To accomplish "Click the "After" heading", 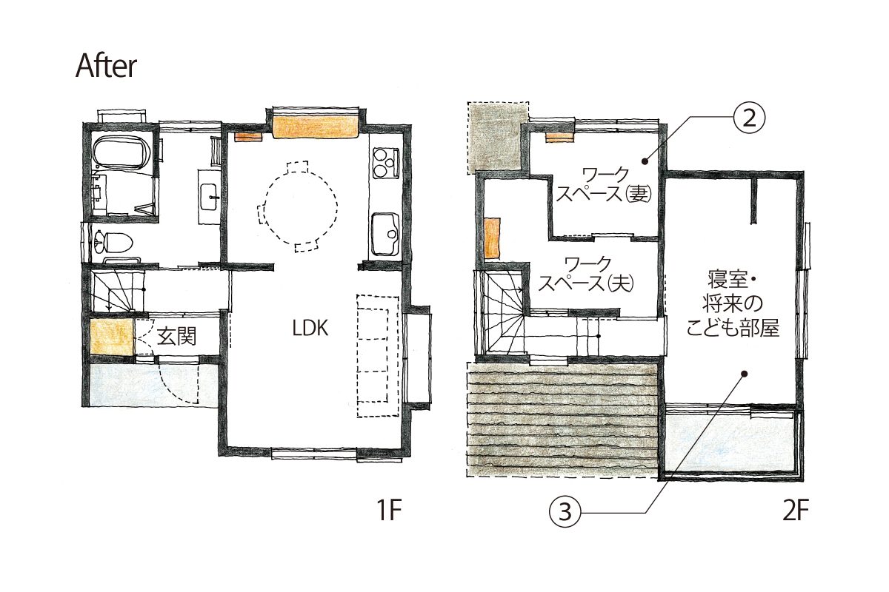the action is [x=106, y=66].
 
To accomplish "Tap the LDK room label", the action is [x=310, y=329].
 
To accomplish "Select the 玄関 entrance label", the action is [x=177, y=337].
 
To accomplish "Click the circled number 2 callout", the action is [x=748, y=118].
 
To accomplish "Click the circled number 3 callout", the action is [x=565, y=512].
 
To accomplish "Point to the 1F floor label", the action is [x=389, y=511].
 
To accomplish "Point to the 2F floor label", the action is [x=796, y=511].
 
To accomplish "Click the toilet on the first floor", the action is [x=113, y=241].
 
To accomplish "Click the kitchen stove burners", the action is [x=386, y=164].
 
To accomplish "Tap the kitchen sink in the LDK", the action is [x=385, y=234].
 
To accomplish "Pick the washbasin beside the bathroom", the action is [x=209, y=196].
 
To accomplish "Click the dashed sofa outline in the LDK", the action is [x=377, y=356].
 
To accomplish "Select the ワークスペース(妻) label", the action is [x=604, y=184].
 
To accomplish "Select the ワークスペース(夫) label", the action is [x=586, y=274].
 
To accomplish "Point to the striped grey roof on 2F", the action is [x=562, y=420].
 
